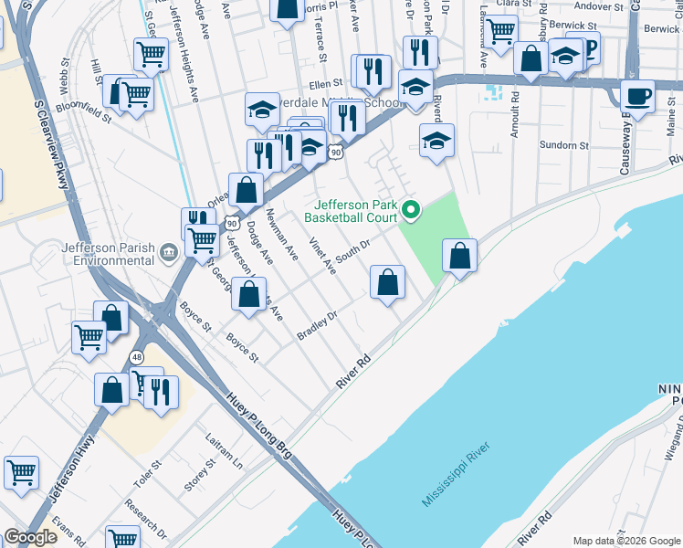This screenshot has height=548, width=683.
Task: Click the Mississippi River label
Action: coord(456,475)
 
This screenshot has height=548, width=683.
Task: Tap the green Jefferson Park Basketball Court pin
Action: coord(411,211)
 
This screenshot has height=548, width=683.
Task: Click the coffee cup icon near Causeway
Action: coord(637,95)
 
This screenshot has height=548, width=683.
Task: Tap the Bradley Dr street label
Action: coord(317,326)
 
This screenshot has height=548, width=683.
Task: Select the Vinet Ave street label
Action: coord(322,255)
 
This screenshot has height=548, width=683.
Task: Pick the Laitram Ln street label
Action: coord(224,450)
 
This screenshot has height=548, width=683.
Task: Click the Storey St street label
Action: coord(198,475)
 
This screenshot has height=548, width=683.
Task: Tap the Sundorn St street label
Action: coord(563,145)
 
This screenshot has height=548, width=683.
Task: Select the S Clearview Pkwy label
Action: coord(51,145)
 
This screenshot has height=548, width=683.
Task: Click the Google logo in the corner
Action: coord(30,538)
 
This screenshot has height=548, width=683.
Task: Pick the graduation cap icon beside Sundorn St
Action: coord(436,142)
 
